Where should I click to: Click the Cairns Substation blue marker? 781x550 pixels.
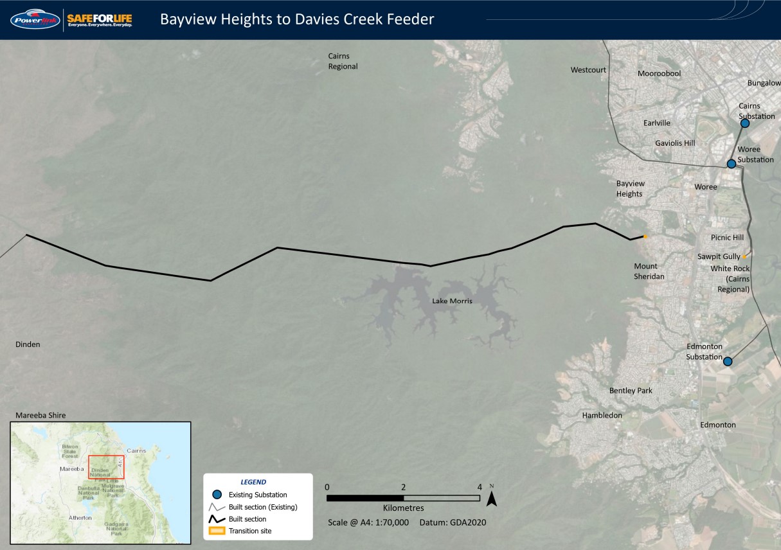(745, 123)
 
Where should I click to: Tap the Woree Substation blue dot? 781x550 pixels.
(731, 164)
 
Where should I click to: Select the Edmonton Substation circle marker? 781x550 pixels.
(727, 362)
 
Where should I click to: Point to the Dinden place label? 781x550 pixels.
(28, 344)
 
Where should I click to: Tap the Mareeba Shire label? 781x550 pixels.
(40, 415)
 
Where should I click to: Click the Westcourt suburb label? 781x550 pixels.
(588, 70)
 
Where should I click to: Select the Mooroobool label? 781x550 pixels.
(659, 74)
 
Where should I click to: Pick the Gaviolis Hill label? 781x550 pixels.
(675, 143)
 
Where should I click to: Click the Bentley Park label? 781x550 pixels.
(631, 391)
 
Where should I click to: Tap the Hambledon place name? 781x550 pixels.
(602, 416)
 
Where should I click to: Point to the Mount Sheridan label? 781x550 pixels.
(649, 271)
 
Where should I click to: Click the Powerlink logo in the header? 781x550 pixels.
(35, 19)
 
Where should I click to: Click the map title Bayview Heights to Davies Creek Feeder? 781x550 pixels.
(297, 19)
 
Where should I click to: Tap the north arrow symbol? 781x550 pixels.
(492, 497)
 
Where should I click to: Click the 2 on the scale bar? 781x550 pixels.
(403, 486)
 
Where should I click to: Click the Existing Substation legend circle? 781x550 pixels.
(217, 495)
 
